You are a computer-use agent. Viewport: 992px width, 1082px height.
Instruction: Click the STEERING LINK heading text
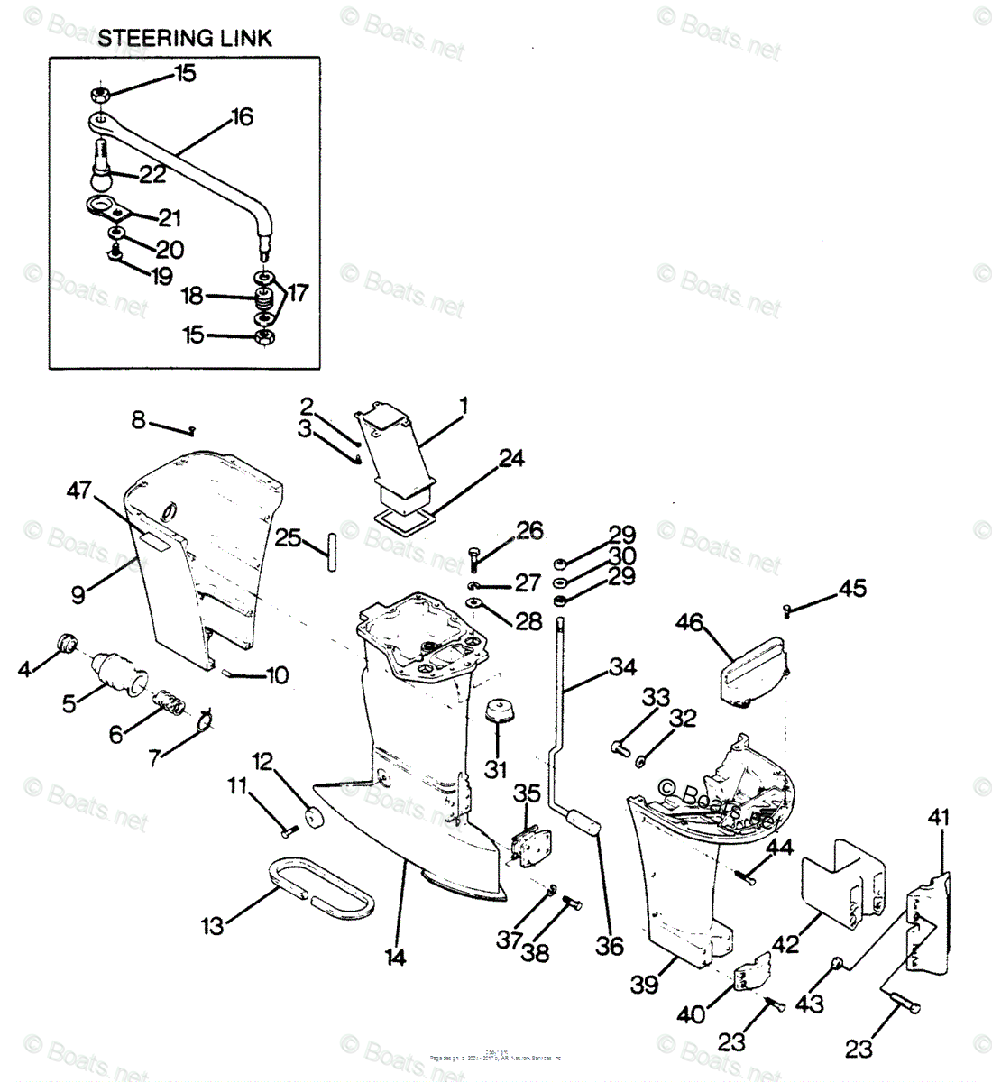[x=184, y=38]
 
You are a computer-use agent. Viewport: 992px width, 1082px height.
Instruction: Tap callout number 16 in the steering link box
[x=241, y=117]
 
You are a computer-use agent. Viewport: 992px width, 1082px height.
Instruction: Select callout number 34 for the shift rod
[x=621, y=668]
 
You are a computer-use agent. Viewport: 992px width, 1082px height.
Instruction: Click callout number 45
[x=852, y=589]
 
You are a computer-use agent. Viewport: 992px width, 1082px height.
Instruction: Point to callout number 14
[x=396, y=957]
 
